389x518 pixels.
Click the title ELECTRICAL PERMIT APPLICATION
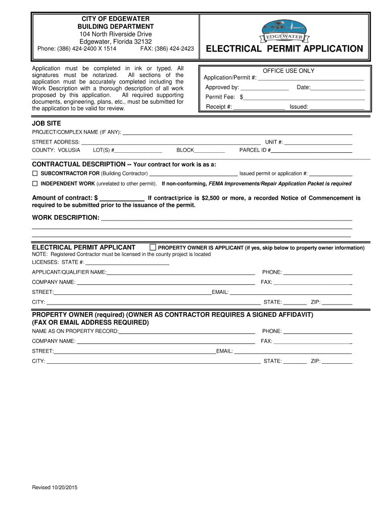pos(284,49)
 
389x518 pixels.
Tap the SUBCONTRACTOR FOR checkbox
pos(35,173)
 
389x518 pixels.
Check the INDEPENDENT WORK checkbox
pos(35,183)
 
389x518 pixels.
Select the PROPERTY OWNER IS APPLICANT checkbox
pos(153,247)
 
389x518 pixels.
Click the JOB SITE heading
pos(46,123)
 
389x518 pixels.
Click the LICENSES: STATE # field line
pos(127,263)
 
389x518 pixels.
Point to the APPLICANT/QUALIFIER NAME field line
pos(181,273)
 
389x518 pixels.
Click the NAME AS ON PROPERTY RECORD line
pos(187,332)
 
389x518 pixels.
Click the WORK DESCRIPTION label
pos(66,218)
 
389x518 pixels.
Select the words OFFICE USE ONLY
pos(288,71)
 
